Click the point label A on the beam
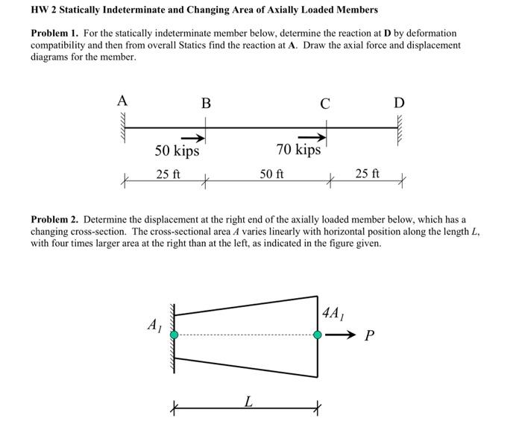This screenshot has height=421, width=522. pyautogui.click(x=122, y=101)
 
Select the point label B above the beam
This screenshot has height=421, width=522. pyautogui.click(x=205, y=103)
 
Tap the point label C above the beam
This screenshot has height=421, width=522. pyautogui.click(x=324, y=103)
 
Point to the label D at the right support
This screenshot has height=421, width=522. pyautogui.click(x=399, y=102)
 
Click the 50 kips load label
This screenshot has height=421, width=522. pyautogui.click(x=177, y=151)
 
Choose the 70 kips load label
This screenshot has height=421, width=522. pyautogui.click(x=298, y=150)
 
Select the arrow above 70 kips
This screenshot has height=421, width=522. pyautogui.click(x=312, y=136)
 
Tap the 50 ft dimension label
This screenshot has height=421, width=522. pyautogui.click(x=271, y=174)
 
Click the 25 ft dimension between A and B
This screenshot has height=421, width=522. pyautogui.click(x=168, y=174)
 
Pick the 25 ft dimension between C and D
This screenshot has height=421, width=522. pyautogui.click(x=367, y=174)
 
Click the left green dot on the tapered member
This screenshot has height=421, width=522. pyautogui.click(x=174, y=335)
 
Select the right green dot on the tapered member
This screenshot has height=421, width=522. pyautogui.click(x=318, y=335)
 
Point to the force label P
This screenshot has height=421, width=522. pyautogui.click(x=369, y=336)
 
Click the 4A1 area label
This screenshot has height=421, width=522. pyautogui.click(x=333, y=311)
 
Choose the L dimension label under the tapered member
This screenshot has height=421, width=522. pyautogui.click(x=247, y=402)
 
